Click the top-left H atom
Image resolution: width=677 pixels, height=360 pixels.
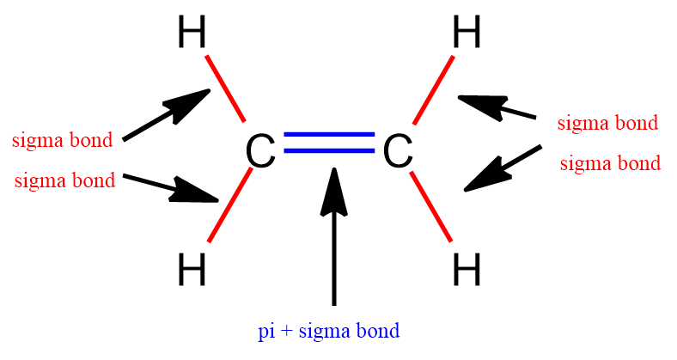tap(192, 35)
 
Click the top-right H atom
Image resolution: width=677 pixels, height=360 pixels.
tap(466, 35)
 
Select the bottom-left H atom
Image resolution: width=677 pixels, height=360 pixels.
tap(192, 272)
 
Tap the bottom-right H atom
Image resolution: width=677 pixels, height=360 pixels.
tap(466, 272)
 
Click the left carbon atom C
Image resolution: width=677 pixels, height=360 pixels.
tap(260, 152)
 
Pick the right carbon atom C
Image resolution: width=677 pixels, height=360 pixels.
tap(397, 152)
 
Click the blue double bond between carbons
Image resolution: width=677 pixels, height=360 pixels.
tap(329, 143)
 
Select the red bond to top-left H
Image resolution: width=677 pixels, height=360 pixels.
tap(226, 88)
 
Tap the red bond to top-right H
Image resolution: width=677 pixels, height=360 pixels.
tap(432, 88)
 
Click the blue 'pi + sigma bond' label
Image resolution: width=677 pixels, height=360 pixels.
tap(329, 331)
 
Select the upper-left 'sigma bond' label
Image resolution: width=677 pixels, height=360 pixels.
tap(62, 140)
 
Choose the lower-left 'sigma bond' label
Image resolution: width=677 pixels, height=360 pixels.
tap(64, 181)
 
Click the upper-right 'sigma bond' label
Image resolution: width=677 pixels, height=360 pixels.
tap(607, 123)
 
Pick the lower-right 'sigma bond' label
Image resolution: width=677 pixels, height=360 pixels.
tap(610, 163)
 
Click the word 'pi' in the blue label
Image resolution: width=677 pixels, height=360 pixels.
tap(265, 331)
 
